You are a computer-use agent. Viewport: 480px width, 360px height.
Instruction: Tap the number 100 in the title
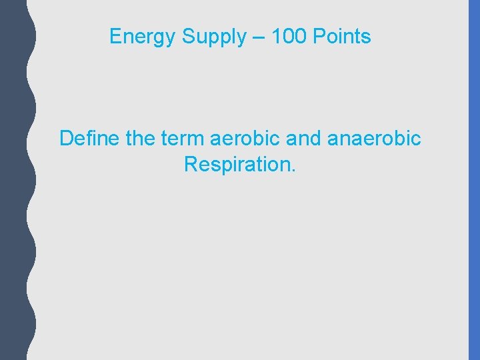[291, 37]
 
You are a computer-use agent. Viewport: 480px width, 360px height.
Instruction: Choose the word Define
[89, 139]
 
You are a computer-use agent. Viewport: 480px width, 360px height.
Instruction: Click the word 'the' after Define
[139, 139]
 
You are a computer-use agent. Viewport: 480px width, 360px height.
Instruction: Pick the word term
[183, 139]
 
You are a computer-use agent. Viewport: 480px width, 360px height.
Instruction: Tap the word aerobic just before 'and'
[245, 139]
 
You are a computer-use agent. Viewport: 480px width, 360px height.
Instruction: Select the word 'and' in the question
[306, 139]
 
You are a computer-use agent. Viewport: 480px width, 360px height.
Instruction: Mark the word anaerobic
[375, 139]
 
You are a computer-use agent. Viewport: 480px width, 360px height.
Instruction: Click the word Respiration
[237, 164]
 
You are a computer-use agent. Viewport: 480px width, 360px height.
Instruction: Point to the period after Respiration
[293, 170]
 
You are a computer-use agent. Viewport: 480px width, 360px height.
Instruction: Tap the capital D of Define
[67, 139]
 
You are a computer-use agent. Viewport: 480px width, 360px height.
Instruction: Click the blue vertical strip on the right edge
[474, 180]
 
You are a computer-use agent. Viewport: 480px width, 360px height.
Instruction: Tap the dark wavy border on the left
[13, 180]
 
